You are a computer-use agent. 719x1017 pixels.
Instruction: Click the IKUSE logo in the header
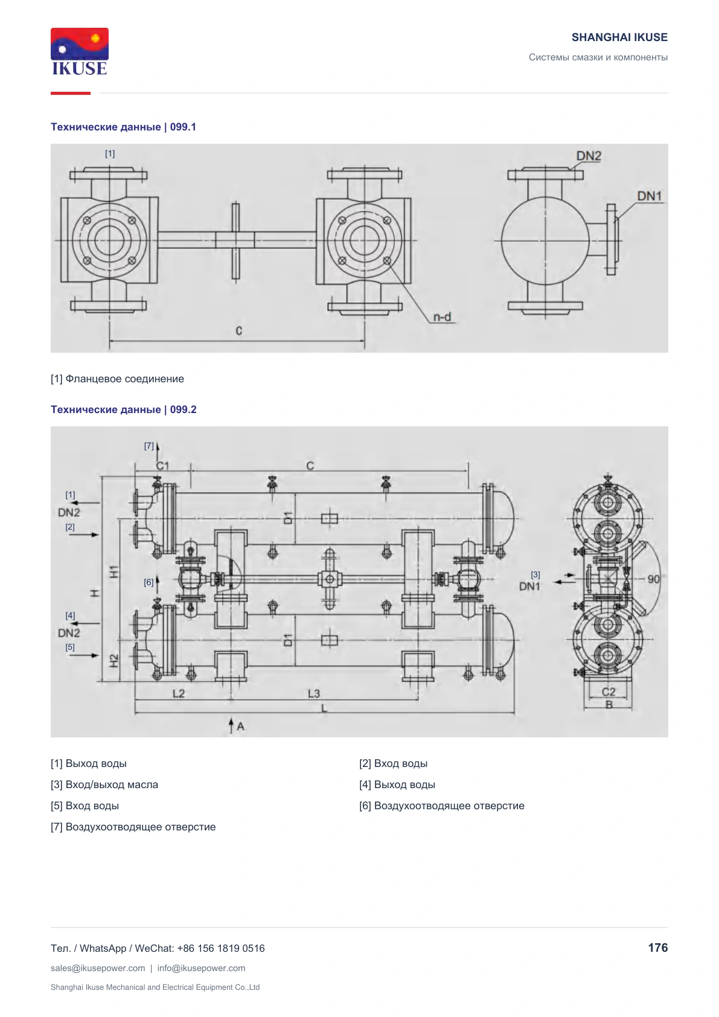(x=80, y=51)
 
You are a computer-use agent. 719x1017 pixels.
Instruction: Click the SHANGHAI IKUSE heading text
(x=619, y=37)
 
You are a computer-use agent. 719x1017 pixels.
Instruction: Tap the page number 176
(x=657, y=948)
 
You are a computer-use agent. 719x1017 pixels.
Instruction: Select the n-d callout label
(x=442, y=317)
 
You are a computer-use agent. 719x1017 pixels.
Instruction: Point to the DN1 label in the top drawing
(x=649, y=196)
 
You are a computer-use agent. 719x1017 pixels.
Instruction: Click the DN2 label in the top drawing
(x=588, y=156)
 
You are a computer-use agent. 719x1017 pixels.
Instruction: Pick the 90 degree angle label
(x=653, y=579)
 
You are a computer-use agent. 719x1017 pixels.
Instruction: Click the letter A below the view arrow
(x=241, y=727)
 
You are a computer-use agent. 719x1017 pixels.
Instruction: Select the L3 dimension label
(x=314, y=693)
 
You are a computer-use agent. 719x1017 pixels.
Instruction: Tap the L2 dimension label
(x=178, y=693)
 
